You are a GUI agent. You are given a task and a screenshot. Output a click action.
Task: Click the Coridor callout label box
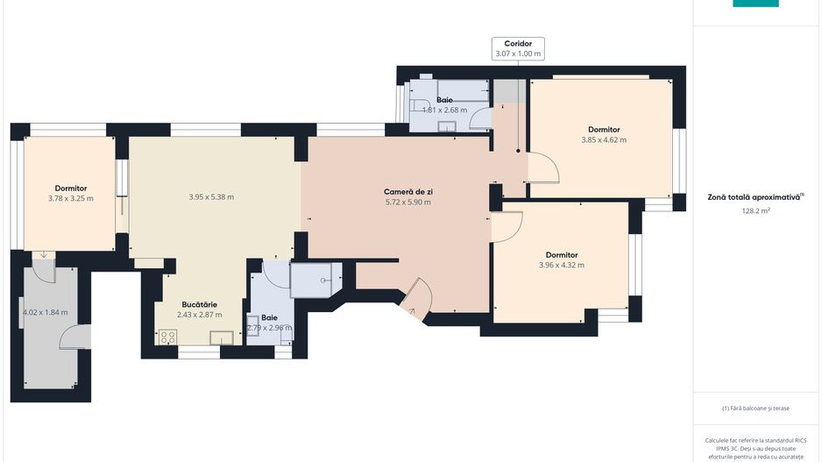(518, 48)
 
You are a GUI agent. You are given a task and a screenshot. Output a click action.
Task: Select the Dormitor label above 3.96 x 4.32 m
(561, 255)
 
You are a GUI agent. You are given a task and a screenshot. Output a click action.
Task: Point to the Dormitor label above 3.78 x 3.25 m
(70, 188)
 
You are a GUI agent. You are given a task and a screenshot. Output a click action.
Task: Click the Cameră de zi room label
(408, 192)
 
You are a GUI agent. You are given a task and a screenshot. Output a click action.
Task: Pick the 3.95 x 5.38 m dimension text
(211, 197)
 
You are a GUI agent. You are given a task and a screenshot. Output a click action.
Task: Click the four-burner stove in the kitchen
(168, 336)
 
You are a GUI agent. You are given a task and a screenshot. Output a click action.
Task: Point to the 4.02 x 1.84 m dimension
(45, 312)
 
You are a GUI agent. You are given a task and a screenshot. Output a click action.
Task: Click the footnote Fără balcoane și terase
(755, 408)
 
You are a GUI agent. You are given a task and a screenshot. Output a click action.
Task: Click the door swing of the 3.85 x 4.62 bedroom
(541, 167)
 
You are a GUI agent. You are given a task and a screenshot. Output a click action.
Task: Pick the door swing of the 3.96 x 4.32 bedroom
(505, 226)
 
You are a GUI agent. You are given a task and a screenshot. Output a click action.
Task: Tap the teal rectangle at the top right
(755, 4)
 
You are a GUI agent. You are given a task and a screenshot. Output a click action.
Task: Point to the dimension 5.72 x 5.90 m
(408, 203)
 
